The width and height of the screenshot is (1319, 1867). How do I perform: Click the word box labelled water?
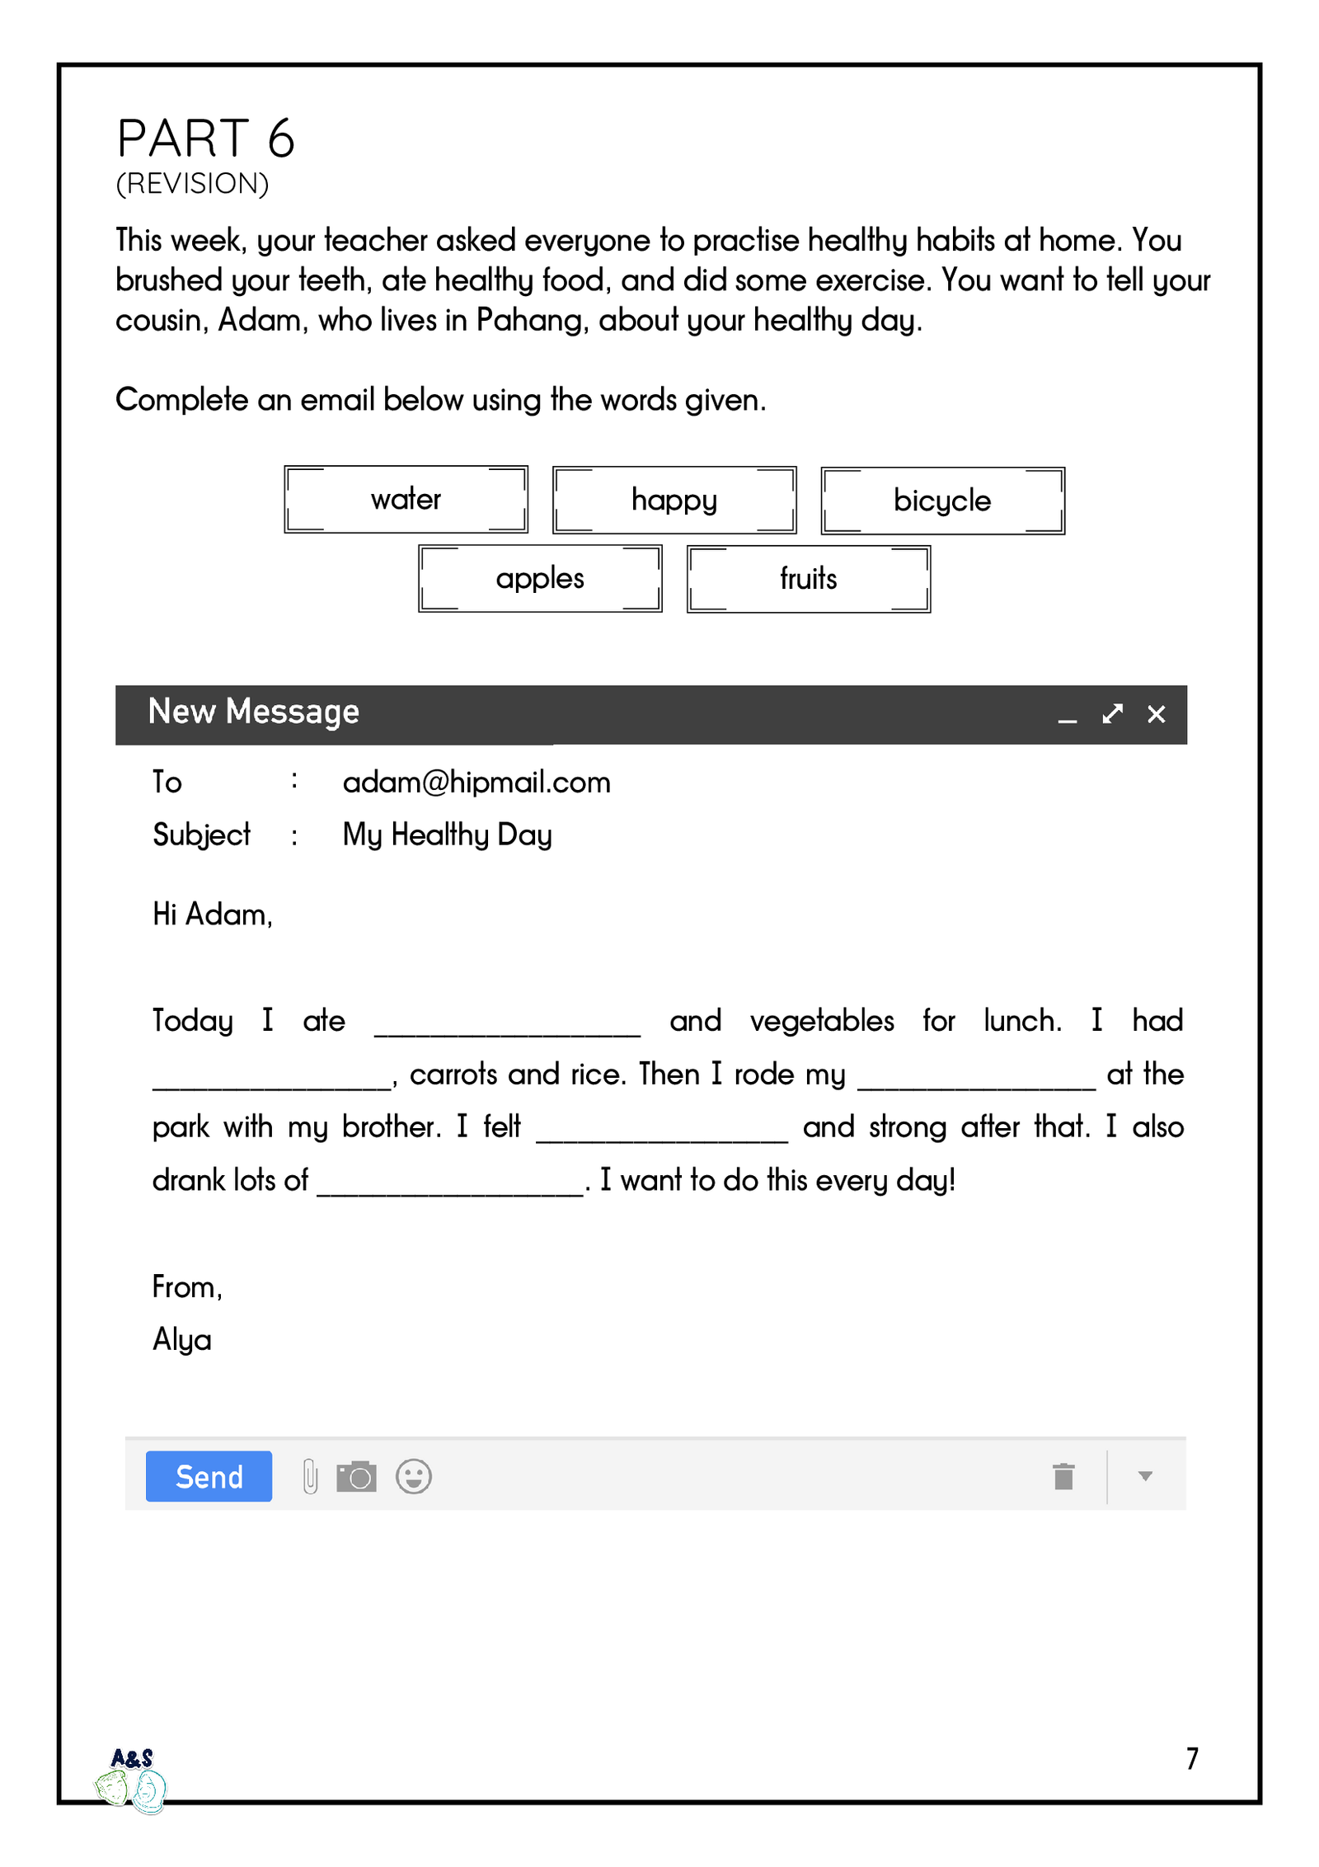point(406,499)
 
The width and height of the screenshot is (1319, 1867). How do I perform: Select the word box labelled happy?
point(674,500)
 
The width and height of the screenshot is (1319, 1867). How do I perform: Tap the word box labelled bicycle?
point(942,501)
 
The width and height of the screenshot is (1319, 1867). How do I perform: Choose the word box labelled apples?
point(540,578)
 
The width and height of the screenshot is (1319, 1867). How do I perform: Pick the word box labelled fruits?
point(808,578)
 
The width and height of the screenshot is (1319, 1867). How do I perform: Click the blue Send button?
point(209,1476)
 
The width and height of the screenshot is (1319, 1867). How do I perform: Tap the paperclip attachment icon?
point(310,1476)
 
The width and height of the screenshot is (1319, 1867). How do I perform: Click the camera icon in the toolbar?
point(356,1476)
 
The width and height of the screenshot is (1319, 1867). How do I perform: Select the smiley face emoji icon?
point(413,1476)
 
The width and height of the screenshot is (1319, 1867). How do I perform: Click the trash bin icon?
point(1063,1476)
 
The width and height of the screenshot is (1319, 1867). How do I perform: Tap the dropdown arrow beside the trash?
point(1144,1476)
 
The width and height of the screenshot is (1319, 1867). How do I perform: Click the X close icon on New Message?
point(1156,714)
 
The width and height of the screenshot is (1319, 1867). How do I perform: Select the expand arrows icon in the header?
point(1112,714)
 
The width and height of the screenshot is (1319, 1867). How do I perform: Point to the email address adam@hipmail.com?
point(476,782)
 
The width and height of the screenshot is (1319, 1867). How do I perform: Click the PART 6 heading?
point(205,138)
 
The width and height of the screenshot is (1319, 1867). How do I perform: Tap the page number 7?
point(1192,1759)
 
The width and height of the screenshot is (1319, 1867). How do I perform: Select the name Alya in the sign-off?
point(181,1340)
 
